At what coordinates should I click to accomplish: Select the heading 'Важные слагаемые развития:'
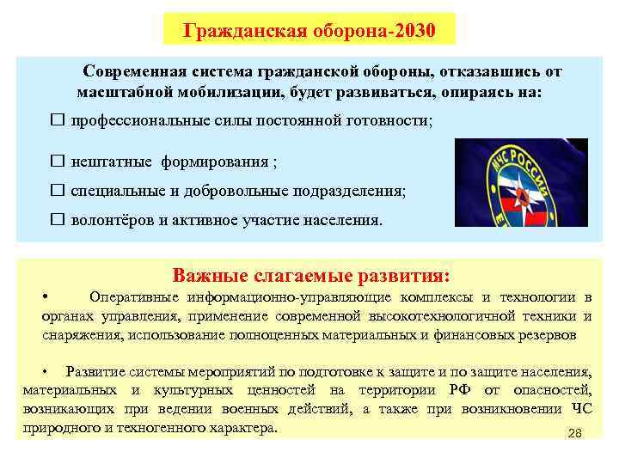coord(310,276)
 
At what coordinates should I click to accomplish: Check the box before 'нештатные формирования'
coord(58,161)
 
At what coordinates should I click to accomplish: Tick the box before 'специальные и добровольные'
coord(58,190)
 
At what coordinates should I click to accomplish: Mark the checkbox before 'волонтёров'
coord(58,220)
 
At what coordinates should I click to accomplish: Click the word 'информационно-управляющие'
coord(285,298)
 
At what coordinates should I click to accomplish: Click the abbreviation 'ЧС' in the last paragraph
coord(581,409)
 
